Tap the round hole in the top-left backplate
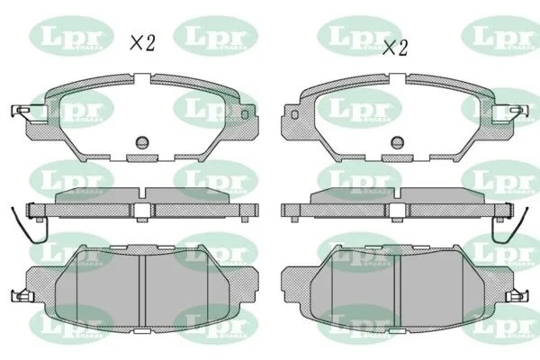click(141, 142)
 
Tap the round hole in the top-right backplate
click(397, 142)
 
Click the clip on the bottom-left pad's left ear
click(21, 295)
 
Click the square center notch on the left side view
click(142, 210)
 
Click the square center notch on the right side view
click(397, 210)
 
